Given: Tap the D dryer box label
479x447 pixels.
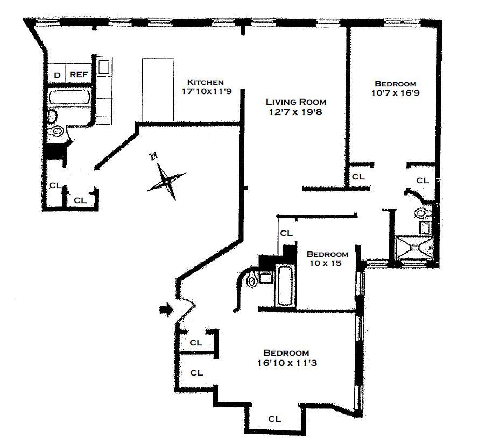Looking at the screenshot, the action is pyautogui.click(x=57, y=75).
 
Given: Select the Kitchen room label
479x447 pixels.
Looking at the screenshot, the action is pyautogui.click(x=205, y=82).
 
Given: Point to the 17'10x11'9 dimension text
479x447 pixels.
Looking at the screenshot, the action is pyautogui.click(x=205, y=91).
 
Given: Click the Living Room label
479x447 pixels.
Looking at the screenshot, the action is pyautogui.click(x=296, y=102).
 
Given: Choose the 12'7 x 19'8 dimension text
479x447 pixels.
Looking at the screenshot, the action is pyautogui.click(x=296, y=112).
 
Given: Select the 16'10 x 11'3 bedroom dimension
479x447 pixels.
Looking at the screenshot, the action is pyautogui.click(x=286, y=363).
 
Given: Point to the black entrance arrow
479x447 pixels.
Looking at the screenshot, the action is pyautogui.click(x=167, y=310).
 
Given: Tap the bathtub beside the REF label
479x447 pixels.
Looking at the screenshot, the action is pyautogui.click(x=71, y=98).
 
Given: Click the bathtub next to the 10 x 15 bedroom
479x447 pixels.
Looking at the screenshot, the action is pyautogui.click(x=285, y=285).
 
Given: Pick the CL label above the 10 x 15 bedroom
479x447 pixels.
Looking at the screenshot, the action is pyautogui.click(x=286, y=233).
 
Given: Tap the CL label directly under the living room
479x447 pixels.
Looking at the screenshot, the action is pyautogui.click(x=357, y=176).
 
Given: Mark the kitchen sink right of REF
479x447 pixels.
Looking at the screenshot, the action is pyautogui.click(x=104, y=67).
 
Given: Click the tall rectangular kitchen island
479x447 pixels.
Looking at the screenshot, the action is pyautogui.click(x=158, y=90).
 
